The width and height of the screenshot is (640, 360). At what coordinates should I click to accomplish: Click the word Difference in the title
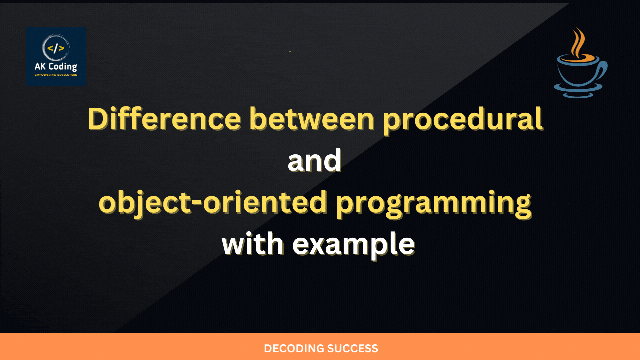coord(164,119)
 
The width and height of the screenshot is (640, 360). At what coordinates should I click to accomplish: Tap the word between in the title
coord(312,119)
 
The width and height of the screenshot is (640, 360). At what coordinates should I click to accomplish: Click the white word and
coord(314,160)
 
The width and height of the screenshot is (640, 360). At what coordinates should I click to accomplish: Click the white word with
coord(253,244)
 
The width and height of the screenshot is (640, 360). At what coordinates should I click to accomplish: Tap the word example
coord(354,245)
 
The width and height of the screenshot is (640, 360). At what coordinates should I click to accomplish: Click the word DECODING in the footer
coord(294,349)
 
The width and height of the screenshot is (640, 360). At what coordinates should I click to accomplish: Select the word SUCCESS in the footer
coord(352,349)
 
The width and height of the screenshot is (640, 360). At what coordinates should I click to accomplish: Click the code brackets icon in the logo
coord(56,48)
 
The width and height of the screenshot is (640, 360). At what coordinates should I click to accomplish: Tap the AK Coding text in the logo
coord(56,67)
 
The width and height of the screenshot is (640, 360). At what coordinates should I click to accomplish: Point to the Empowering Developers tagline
coord(56,75)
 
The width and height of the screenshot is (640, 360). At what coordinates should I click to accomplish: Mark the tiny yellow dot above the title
coord(290,51)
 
